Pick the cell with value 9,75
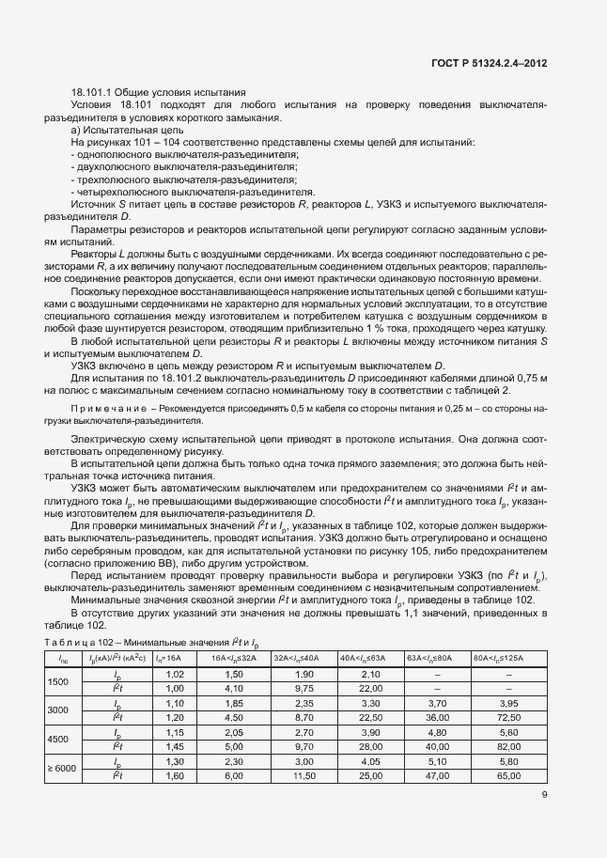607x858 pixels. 299,689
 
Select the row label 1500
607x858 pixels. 57,682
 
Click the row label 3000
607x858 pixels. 57,710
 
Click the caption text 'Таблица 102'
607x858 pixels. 77,642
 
